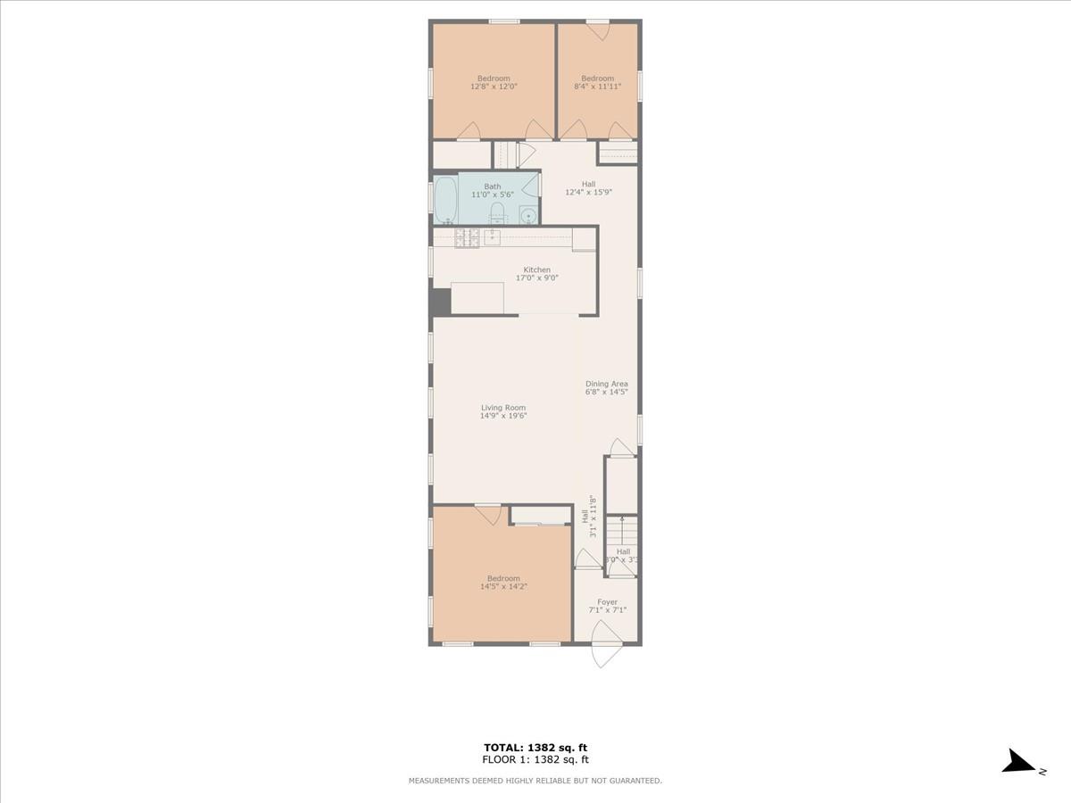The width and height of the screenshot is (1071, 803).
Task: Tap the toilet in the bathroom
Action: click(498, 212)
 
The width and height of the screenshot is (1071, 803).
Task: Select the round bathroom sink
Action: click(528, 214)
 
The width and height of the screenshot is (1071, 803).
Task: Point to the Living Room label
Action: click(503, 408)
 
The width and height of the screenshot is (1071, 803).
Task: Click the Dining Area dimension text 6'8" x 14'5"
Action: click(607, 392)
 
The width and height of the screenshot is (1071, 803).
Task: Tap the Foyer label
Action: click(607, 602)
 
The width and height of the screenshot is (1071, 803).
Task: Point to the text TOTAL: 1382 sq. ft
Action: click(535, 748)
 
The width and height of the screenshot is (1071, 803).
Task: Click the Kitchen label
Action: click(536, 269)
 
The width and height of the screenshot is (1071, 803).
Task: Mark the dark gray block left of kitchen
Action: click(440, 302)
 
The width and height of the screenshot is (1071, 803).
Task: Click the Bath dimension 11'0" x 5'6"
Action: click(493, 195)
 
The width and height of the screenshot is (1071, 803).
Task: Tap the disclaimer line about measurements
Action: click(535, 781)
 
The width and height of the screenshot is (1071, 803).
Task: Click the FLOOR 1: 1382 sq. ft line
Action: click(535, 760)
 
